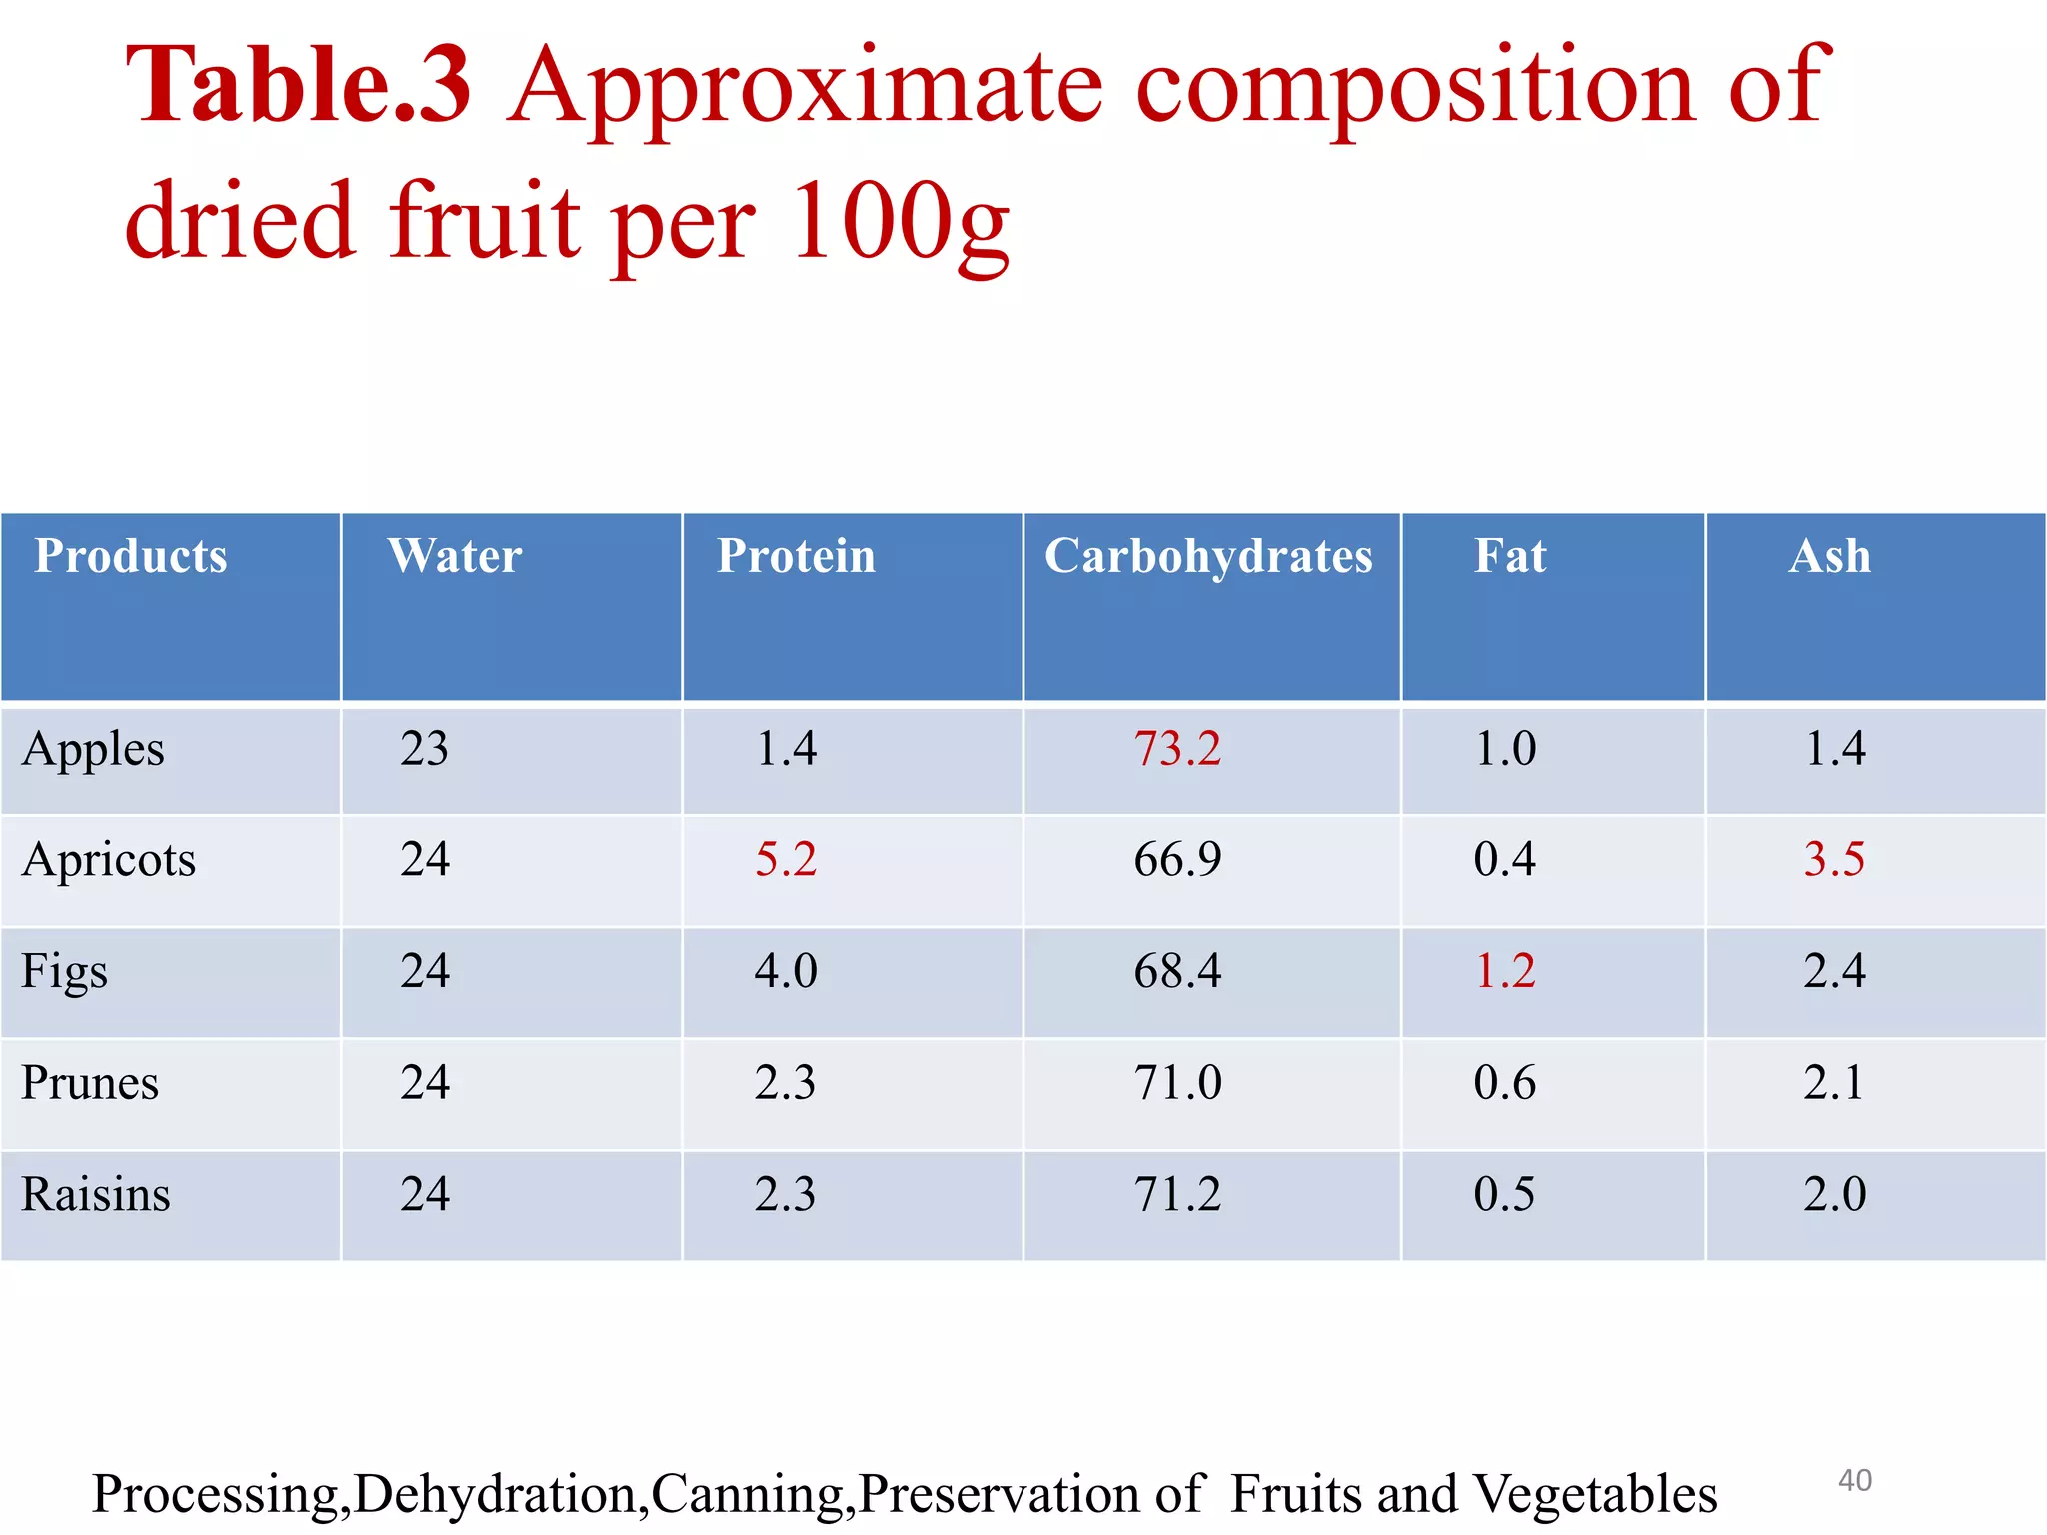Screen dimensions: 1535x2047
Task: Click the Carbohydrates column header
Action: coord(1208,557)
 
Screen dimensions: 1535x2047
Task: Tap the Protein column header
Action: coord(796,556)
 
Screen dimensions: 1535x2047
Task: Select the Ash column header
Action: coord(1829,556)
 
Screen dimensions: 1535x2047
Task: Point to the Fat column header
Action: coord(1510,556)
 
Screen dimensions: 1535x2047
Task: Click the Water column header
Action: coord(455,556)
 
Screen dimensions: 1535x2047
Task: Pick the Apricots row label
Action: coord(109,860)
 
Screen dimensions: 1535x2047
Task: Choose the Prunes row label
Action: coord(90,1083)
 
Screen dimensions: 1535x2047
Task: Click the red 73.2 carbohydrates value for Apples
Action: coord(1177,749)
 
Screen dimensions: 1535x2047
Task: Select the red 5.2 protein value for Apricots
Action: coord(785,860)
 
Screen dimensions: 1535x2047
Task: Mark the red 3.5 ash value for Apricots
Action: coord(1834,860)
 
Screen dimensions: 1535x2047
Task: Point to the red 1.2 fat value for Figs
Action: coord(1505,971)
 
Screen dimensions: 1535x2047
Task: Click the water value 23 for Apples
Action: coord(424,749)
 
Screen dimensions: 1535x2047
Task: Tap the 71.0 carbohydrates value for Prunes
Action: coord(1177,1083)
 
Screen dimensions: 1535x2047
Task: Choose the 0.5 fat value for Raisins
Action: coord(1504,1194)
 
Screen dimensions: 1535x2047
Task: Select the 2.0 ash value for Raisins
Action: coord(1834,1194)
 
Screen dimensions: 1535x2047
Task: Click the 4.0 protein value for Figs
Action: coord(785,971)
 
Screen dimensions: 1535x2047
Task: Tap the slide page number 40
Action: coord(1855,1480)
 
